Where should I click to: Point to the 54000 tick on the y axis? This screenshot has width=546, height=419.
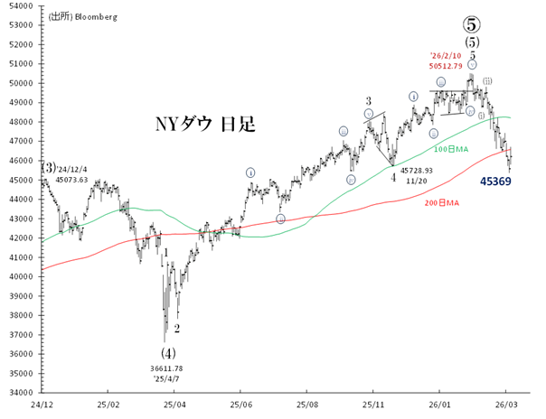coord(22,5)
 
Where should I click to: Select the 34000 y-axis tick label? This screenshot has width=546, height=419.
coord(22,392)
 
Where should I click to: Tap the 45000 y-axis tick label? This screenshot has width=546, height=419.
coord(22,180)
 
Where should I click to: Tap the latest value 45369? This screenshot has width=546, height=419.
coord(496,182)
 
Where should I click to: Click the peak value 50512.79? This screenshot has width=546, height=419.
coord(446,66)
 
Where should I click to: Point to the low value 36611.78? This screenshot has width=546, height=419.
coord(166,368)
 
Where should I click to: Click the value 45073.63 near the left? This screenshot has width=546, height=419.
coord(71,180)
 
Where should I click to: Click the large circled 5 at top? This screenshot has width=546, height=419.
coord(472,22)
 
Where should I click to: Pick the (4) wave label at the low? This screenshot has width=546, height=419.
coord(167,352)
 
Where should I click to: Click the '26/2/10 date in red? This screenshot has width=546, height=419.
coord(446,53)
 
